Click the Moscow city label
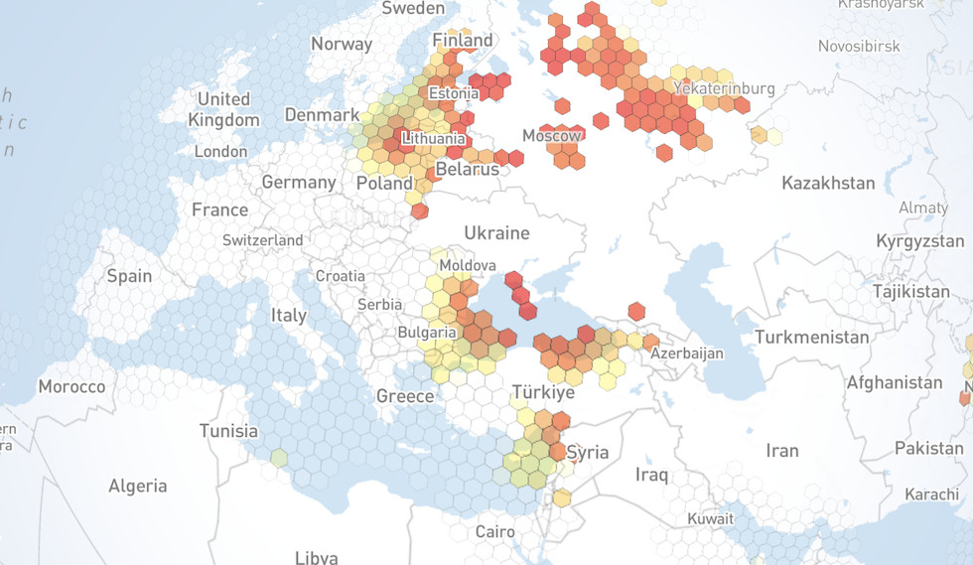pos(552,135)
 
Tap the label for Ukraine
pos(496,233)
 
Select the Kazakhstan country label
pos(828,183)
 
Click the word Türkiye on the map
pos(543,393)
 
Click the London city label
pos(220,152)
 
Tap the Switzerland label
pos(263,240)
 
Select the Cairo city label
pos(494,531)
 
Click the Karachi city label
pos(930,494)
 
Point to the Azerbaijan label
pos(688,353)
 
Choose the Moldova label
pos(468,266)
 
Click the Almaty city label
pos(922,208)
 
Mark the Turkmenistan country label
pos(811,338)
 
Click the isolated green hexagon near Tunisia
pos(279,458)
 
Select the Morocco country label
pos(71,386)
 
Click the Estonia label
pos(453,93)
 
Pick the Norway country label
pos(342,44)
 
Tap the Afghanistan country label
pos(894,382)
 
